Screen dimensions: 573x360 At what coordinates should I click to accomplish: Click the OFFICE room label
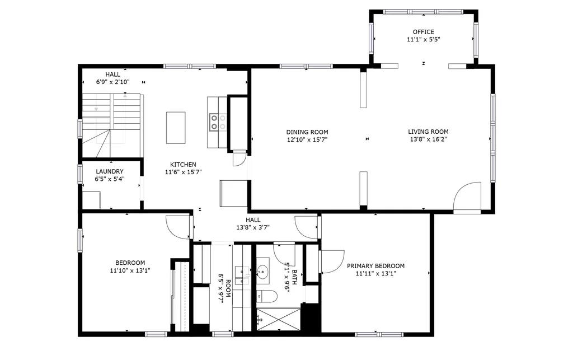coord(424,32)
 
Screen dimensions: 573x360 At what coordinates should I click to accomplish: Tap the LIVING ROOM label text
coord(428,132)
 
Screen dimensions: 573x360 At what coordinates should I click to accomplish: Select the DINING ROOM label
coord(307,132)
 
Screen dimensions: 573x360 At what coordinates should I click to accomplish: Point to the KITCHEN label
coord(183,165)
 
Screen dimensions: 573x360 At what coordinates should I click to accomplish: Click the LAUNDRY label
coord(110,171)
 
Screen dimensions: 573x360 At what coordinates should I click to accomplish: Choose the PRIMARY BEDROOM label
coord(375,266)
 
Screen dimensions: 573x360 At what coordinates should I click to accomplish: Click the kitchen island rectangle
coord(176,128)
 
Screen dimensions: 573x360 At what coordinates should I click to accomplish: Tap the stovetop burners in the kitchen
coord(218,122)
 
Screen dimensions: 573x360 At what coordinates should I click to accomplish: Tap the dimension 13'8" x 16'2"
coord(428,139)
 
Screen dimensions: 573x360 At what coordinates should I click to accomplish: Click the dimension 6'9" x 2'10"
coord(112,82)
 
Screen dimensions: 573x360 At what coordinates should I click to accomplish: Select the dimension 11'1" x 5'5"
coord(424,40)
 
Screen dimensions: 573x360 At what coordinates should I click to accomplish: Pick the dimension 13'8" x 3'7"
coord(253,227)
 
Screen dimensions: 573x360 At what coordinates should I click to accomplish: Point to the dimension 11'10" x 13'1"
coord(130,270)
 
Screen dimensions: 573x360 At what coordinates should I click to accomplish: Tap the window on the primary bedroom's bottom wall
coord(379,334)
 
